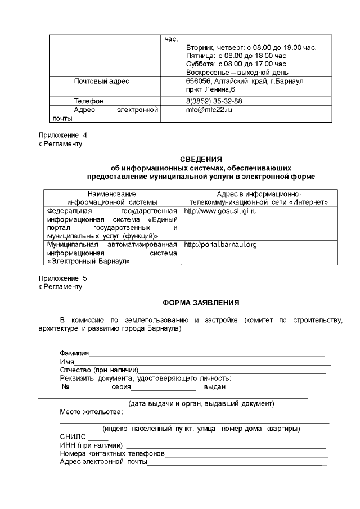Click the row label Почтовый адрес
click(102, 82)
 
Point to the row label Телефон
click(89, 101)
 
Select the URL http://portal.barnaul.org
click(220, 245)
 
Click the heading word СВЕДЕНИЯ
click(201, 159)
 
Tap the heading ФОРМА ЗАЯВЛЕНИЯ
click(201, 303)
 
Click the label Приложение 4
click(62, 136)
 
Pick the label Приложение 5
click(62, 278)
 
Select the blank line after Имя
click(202, 363)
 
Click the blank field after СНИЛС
click(98, 437)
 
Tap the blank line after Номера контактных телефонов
click(245, 454)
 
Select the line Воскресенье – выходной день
click(237, 72)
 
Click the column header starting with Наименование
click(111, 197)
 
